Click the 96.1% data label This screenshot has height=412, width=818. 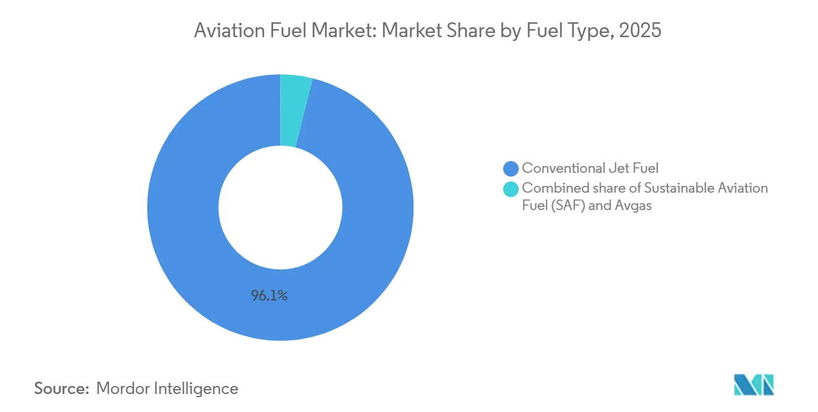[x=269, y=296]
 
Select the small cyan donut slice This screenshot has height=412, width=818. [x=294, y=110]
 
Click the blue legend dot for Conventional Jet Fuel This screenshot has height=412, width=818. [x=511, y=168]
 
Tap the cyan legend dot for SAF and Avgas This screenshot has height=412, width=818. [x=511, y=188]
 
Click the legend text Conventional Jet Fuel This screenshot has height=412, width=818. [x=590, y=168]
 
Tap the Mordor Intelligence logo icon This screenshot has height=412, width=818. [x=754, y=385]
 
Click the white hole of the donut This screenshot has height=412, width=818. [x=280, y=208]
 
